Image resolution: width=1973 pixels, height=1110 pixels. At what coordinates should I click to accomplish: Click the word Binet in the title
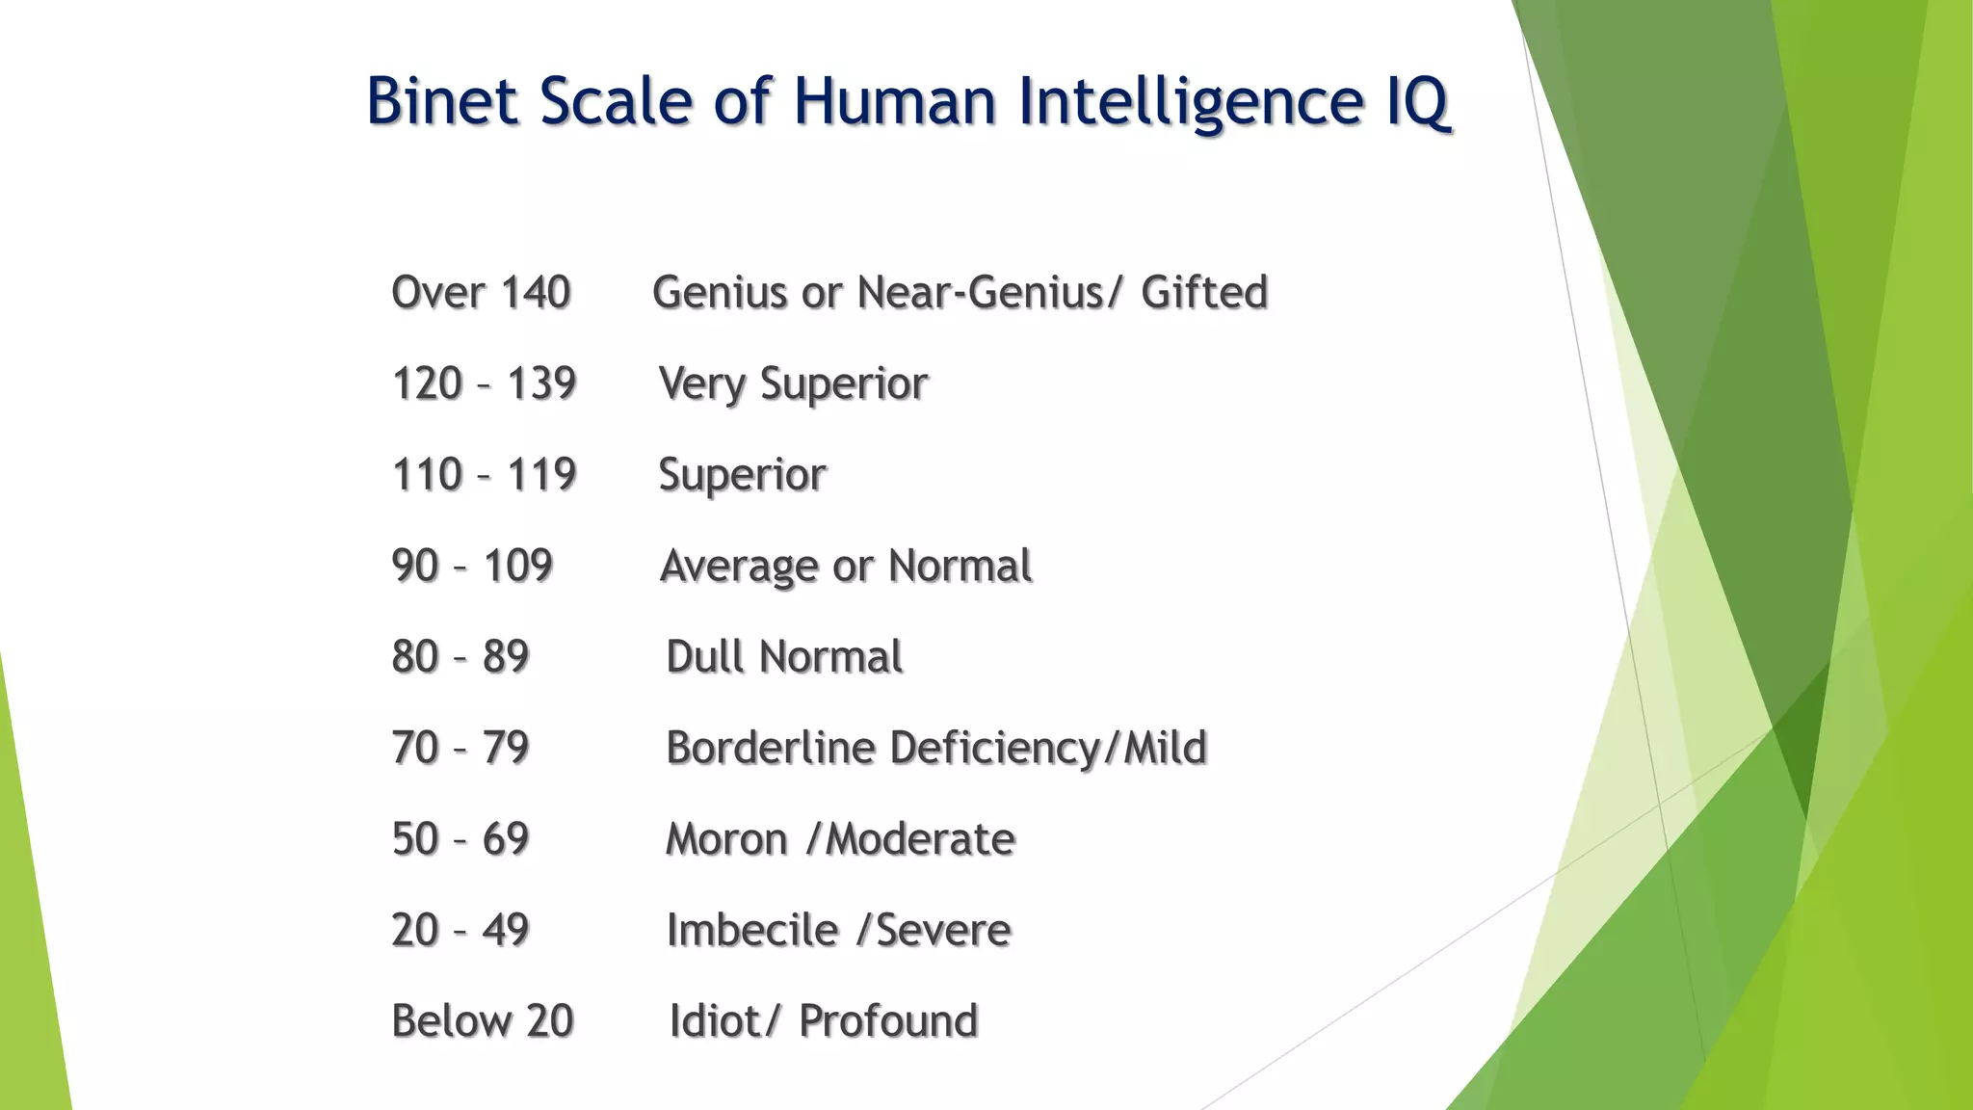(x=442, y=101)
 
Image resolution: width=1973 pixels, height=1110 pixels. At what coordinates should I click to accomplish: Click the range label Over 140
(x=481, y=293)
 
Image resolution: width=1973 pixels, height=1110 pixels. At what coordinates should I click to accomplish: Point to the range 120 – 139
(x=484, y=383)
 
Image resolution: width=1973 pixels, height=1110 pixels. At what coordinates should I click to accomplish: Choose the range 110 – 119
(x=484, y=475)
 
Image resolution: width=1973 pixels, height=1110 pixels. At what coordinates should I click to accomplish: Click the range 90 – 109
(x=472, y=566)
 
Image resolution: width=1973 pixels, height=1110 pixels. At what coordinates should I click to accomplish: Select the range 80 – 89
(x=460, y=657)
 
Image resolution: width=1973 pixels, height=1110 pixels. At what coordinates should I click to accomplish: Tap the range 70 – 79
(x=460, y=748)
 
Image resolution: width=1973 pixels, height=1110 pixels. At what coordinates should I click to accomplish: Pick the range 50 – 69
(x=460, y=839)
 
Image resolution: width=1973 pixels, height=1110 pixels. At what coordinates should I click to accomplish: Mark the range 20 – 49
(x=460, y=930)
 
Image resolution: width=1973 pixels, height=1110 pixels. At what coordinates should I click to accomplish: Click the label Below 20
(x=483, y=1021)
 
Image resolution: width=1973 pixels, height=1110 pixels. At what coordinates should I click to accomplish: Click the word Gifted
(x=1204, y=293)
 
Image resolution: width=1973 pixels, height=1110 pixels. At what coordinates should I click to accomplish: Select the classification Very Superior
(x=793, y=383)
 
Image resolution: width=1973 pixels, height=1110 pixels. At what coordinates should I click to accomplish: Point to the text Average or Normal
(x=846, y=566)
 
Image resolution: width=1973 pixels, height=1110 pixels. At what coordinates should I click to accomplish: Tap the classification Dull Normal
(x=784, y=657)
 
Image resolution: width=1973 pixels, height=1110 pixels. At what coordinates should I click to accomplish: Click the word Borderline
(x=771, y=748)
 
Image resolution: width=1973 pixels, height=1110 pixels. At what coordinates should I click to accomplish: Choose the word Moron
(x=726, y=839)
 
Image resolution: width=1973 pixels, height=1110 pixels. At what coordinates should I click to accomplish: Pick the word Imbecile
(x=752, y=930)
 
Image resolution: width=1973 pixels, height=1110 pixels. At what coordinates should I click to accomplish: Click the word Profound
(x=888, y=1021)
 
